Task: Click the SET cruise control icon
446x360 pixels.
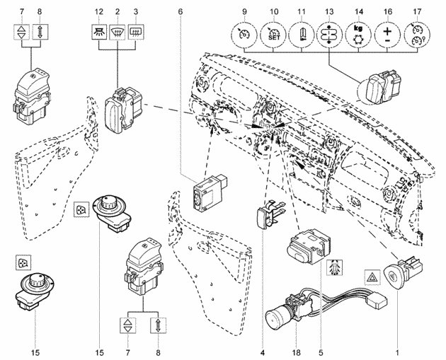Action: click(x=274, y=35)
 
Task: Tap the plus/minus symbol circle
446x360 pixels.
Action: click(x=387, y=35)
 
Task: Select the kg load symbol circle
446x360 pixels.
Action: click(x=359, y=35)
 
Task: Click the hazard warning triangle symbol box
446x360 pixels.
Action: click(x=372, y=277)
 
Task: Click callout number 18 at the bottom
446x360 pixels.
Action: click(x=296, y=353)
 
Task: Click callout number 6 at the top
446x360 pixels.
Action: click(x=181, y=11)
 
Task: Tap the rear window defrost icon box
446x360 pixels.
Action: click(x=136, y=31)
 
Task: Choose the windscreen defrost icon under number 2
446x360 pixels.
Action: click(x=118, y=31)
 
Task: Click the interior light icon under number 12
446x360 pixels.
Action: click(x=99, y=31)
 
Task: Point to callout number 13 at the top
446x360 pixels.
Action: click(x=329, y=11)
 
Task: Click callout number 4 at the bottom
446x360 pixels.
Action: click(x=262, y=353)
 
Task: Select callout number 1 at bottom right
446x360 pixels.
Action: click(x=397, y=353)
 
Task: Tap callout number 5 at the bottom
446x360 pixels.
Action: click(x=321, y=353)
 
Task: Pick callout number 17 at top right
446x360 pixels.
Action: click(x=417, y=11)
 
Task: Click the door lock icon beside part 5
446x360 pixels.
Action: click(x=335, y=267)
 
